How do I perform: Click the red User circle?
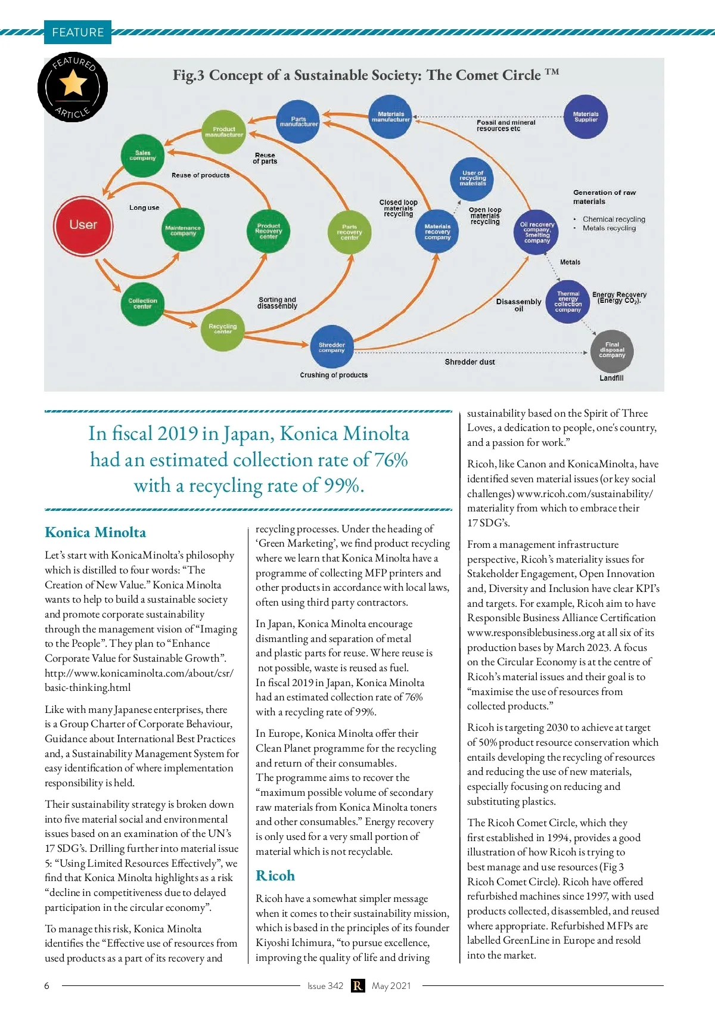coord(83,225)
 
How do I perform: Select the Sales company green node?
coord(142,156)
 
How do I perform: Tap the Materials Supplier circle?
coord(586,117)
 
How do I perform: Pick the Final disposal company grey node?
coord(612,350)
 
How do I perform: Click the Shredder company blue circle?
coord(332,348)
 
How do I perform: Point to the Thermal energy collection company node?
coord(568,302)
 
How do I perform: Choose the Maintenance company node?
coord(183,230)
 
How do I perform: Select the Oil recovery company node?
coord(537,232)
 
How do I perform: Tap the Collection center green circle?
coord(142,303)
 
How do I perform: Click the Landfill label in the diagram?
coord(611,378)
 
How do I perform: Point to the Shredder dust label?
coord(470,362)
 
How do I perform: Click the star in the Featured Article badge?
coord(73,83)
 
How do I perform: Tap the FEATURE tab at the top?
coord(77,32)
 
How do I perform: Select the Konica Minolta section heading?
coord(95,532)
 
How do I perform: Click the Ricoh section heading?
coord(275,876)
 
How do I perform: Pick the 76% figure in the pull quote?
coord(391,460)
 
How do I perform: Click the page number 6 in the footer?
coord(47,986)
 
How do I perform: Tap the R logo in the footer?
coord(357,986)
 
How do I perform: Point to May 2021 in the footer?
coord(391,986)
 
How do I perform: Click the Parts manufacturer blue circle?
coord(299,122)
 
